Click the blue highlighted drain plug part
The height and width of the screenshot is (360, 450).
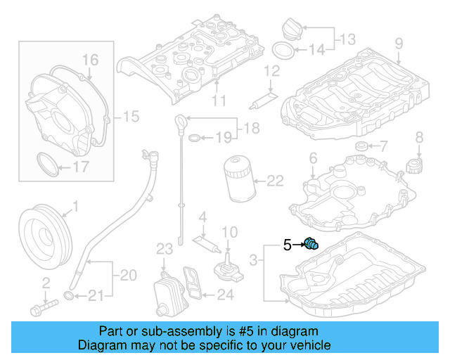click(x=311, y=244)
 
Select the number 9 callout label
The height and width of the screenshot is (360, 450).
click(x=398, y=44)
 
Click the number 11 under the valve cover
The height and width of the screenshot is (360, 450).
click(x=219, y=101)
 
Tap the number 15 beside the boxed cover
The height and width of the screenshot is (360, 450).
click(x=131, y=115)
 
